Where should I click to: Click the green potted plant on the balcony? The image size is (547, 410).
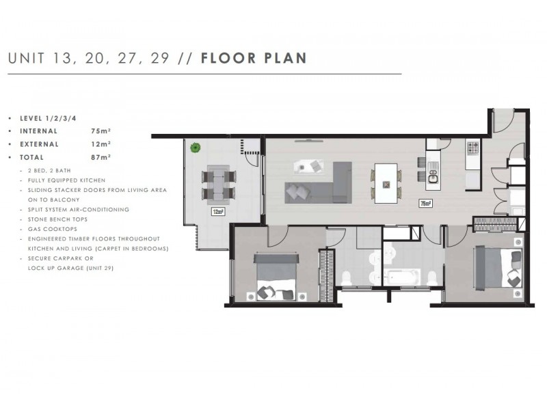(x=196, y=147)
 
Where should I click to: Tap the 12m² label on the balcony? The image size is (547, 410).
(x=218, y=211)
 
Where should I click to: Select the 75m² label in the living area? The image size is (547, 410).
(x=425, y=203)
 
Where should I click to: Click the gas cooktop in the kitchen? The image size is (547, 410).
(x=472, y=147)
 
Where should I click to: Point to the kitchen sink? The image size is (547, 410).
(x=433, y=180)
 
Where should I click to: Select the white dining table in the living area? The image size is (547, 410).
(x=387, y=183)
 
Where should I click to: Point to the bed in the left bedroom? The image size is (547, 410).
(x=274, y=277)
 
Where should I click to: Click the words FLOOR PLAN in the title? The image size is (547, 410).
(x=254, y=57)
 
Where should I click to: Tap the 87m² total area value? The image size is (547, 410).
(x=101, y=156)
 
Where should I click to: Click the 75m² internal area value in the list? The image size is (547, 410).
(x=101, y=131)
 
